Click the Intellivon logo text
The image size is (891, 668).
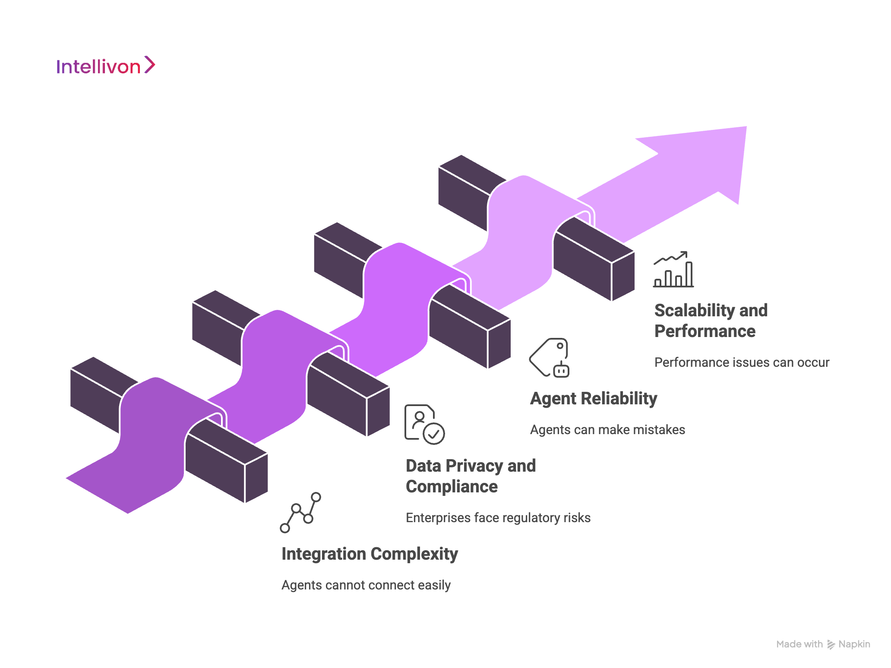click(x=98, y=67)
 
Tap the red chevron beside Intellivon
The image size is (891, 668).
click(x=149, y=65)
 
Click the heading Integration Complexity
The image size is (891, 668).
click(x=370, y=554)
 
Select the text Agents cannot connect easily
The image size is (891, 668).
click(x=366, y=585)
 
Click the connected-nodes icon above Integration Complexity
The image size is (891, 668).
click(x=300, y=513)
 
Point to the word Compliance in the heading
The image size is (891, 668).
click(x=452, y=487)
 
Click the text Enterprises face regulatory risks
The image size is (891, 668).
click(x=498, y=518)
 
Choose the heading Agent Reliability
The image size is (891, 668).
click(x=594, y=398)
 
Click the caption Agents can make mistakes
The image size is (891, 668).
click(x=607, y=430)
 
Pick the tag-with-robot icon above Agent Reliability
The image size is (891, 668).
click(x=550, y=358)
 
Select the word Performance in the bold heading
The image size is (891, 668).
click(x=705, y=331)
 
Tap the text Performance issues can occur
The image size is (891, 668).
click(x=742, y=362)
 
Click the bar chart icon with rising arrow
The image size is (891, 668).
click(x=673, y=270)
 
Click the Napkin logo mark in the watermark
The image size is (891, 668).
click(x=831, y=644)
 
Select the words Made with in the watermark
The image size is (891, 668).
click(x=799, y=644)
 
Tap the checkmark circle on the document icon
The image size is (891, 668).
click(x=434, y=433)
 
